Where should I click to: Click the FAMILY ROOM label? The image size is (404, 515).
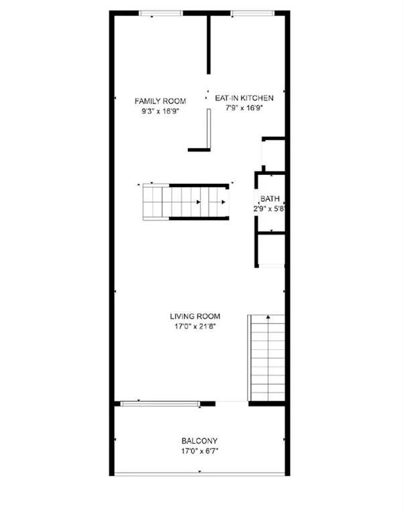click(x=160, y=101)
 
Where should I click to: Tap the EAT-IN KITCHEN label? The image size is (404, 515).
click(x=244, y=98)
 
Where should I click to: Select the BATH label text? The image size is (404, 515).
click(x=270, y=198)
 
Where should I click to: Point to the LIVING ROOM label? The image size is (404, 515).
click(x=195, y=317)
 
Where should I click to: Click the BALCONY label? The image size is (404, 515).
click(x=199, y=441)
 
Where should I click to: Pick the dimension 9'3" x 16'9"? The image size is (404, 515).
click(x=160, y=111)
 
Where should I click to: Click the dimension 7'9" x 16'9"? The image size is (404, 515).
click(x=244, y=108)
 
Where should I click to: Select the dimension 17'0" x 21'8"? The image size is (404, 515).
click(x=195, y=327)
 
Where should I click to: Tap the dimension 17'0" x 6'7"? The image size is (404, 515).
click(x=199, y=451)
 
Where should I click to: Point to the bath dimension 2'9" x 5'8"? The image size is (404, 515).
click(x=269, y=209)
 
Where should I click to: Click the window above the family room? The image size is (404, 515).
click(x=160, y=13)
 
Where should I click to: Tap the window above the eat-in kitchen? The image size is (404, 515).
click(x=252, y=13)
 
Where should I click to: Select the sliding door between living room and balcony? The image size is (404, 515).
click(x=160, y=404)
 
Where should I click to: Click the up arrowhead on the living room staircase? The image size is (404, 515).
click(x=268, y=317)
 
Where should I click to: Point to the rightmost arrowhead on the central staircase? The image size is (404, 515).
click(x=223, y=202)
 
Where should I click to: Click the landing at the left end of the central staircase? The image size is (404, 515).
click(x=152, y=202)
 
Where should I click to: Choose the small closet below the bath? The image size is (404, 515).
click(x=272, y=249)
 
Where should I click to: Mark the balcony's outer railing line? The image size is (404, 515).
click(x=199, y=474)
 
